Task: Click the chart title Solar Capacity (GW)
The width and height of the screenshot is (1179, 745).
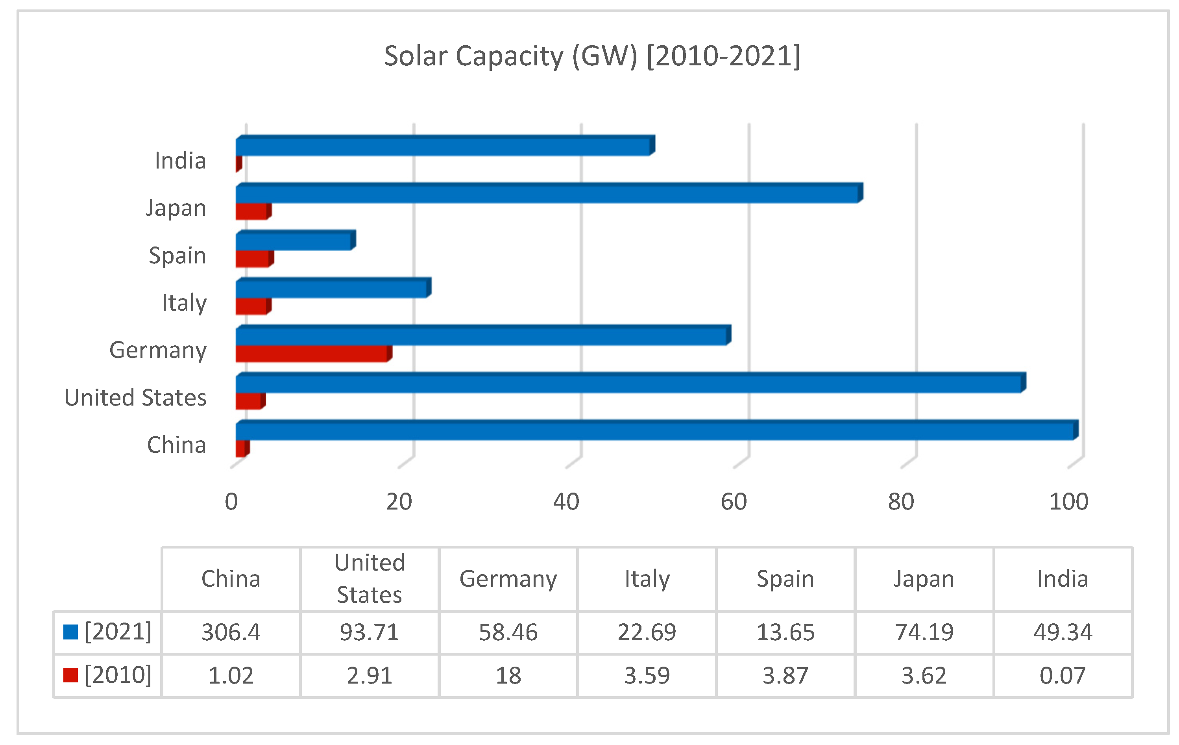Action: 591,56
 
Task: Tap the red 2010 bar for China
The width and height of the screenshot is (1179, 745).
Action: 240,448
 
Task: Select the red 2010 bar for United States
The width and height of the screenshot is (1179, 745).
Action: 249,401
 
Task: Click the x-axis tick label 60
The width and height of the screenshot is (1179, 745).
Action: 734,502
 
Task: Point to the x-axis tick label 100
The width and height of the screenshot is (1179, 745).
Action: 1068,502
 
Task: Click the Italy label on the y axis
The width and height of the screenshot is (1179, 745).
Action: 184,303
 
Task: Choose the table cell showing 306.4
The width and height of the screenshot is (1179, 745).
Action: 231,632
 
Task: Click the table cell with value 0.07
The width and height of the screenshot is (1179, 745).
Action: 1063,675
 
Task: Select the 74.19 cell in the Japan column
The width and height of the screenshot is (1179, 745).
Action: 924,632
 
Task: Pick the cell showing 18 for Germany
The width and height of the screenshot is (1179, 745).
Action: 508,675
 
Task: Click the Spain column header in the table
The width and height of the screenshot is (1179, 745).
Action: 785,579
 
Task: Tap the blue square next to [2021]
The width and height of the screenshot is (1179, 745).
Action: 71,632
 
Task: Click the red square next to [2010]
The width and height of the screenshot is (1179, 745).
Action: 71,675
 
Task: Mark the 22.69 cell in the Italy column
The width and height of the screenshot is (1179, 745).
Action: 647,632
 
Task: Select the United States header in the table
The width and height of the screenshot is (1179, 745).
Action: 370,579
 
